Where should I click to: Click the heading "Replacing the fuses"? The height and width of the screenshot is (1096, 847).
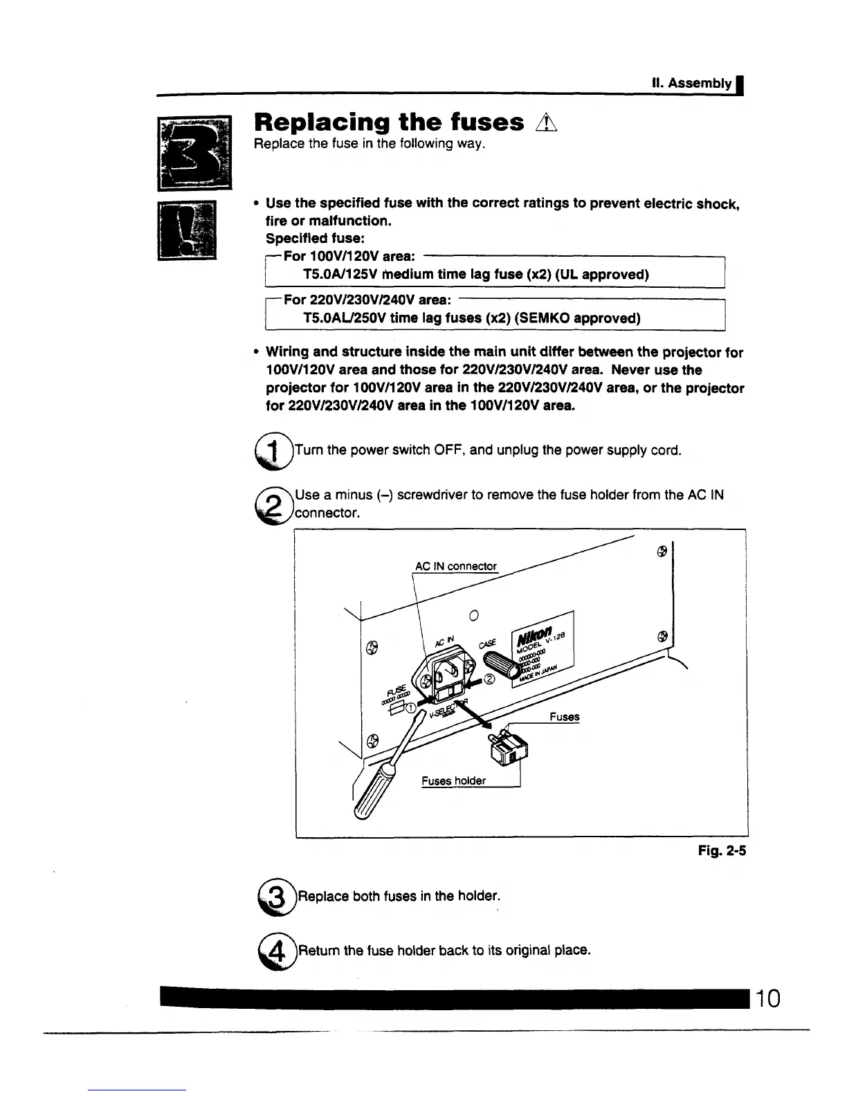pyautogui.click(x=389, y=122)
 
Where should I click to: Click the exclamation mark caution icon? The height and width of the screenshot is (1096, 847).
pyautogui.click(x=188, y=229)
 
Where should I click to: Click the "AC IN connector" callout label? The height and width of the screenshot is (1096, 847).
pyautogui.click(x=455, y=567)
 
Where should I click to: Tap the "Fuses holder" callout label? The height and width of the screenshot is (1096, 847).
pyautogui.click(x=453, y=781)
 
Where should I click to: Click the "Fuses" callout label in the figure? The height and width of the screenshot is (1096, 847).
pyautogui.click(x=564, y=717)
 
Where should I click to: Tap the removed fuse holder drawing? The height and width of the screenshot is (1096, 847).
pyautogui.click(x=509, y=750)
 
